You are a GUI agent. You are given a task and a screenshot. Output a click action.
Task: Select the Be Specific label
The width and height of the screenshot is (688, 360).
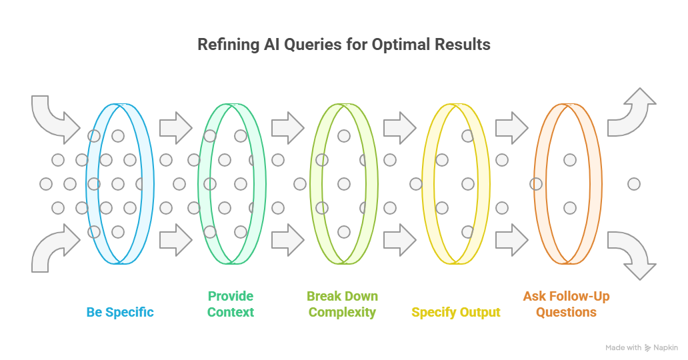point(120,312)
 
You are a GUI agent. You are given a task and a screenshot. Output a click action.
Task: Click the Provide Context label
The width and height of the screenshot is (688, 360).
point(231,304)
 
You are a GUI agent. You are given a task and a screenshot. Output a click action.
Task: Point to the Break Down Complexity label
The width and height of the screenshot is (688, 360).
point(343,304)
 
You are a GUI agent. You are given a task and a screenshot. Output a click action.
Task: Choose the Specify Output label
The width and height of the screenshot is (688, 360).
point(456,312)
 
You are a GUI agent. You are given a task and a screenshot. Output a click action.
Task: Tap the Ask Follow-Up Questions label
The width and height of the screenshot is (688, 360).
point(566,304)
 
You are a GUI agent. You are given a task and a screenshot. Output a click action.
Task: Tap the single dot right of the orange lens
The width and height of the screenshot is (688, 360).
point(634,183)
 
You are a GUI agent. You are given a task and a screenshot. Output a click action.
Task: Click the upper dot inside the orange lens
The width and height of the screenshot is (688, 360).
point(569,159)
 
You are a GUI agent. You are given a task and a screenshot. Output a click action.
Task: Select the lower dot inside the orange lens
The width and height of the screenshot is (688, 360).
point(569,208)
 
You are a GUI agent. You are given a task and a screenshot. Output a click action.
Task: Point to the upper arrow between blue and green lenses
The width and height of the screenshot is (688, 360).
point(175,125)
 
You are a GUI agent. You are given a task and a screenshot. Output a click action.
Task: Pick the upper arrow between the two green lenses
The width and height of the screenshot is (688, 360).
point(287,125)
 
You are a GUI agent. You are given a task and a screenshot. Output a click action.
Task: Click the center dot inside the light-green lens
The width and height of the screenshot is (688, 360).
point(343,183)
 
